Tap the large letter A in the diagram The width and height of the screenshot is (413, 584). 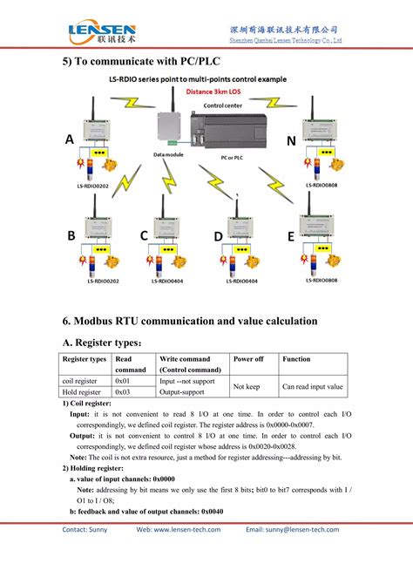(70, 140)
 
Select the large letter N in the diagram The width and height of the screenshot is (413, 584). (291, 140)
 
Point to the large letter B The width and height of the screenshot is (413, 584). (71, 236)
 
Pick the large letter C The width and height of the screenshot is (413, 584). (144, 236)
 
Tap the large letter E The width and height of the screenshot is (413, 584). (290, 236)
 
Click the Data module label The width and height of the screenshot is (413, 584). (168, 154)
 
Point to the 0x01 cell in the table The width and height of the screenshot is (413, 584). (122, 381)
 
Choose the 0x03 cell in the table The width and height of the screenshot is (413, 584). (122, 392)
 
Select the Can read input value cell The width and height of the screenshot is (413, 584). (312, 387)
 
